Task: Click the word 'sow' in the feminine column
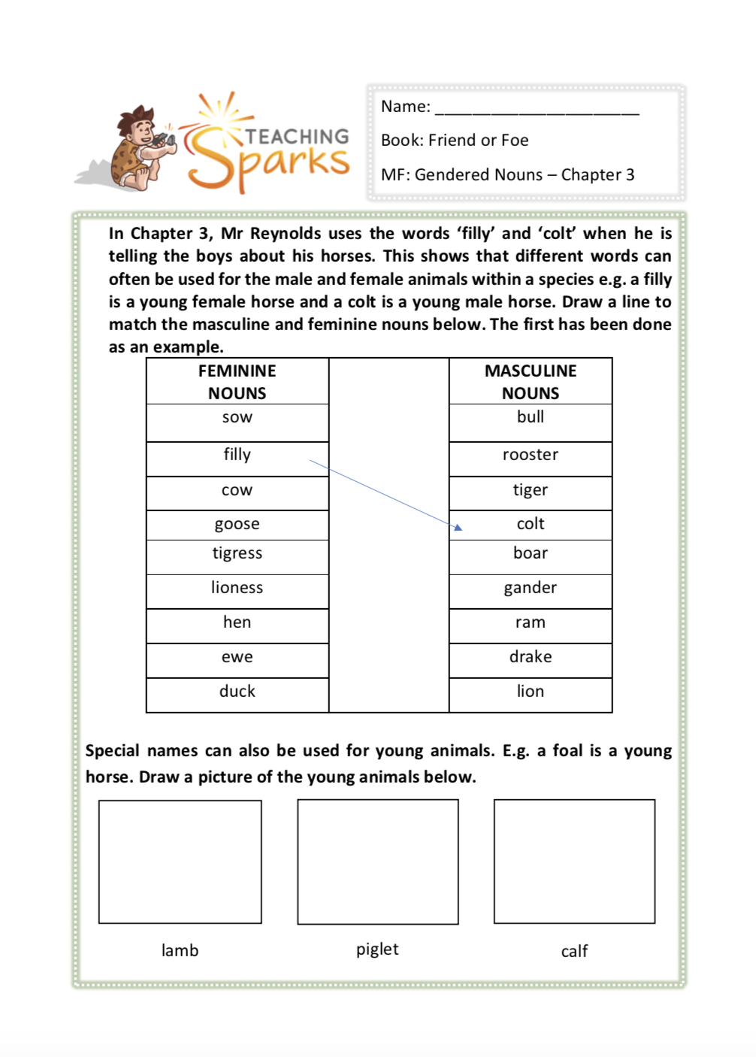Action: (237, 418)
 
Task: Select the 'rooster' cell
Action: (531, 456)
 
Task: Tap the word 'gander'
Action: (531, 588)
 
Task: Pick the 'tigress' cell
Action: (237, 554)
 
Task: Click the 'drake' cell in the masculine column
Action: (531, 657)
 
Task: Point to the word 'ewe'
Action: (237, 658)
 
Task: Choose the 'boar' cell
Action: (531, 554)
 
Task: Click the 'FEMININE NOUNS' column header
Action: (237, 382)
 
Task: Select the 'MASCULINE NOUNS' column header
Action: (531, 382)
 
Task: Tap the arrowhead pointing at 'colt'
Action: (458, 528)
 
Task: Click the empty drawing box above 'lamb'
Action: (180, 862)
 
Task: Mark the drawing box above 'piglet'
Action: (378, 862)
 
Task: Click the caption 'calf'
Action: (574, 952)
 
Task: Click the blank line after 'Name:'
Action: (537, 109)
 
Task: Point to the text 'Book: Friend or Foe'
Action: (455, 141)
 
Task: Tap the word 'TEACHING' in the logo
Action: (298, 136)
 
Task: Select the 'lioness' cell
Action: (237, 588)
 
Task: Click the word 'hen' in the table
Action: (237, 622)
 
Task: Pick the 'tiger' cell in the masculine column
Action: (531, 490)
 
